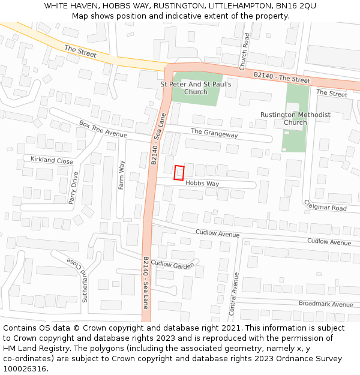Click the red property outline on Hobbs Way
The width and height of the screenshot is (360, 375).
pos(179,173)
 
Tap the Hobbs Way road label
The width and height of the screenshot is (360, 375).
pos(202,184)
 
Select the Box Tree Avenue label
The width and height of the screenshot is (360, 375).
pos(103,129)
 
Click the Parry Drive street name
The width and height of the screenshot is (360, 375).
pos(73,188)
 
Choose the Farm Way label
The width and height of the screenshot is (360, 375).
pos(121,175)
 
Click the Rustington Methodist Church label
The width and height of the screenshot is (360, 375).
pos(295,118)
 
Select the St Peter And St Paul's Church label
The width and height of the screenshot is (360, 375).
pos(196,88)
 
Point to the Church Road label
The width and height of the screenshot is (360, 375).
pos(244,52)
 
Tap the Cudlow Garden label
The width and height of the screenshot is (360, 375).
pos(173,264)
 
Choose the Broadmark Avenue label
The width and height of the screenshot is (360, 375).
pos(326,304)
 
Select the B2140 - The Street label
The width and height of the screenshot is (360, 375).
pos(281,77)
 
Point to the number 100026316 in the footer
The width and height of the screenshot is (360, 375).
pos(26,368)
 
